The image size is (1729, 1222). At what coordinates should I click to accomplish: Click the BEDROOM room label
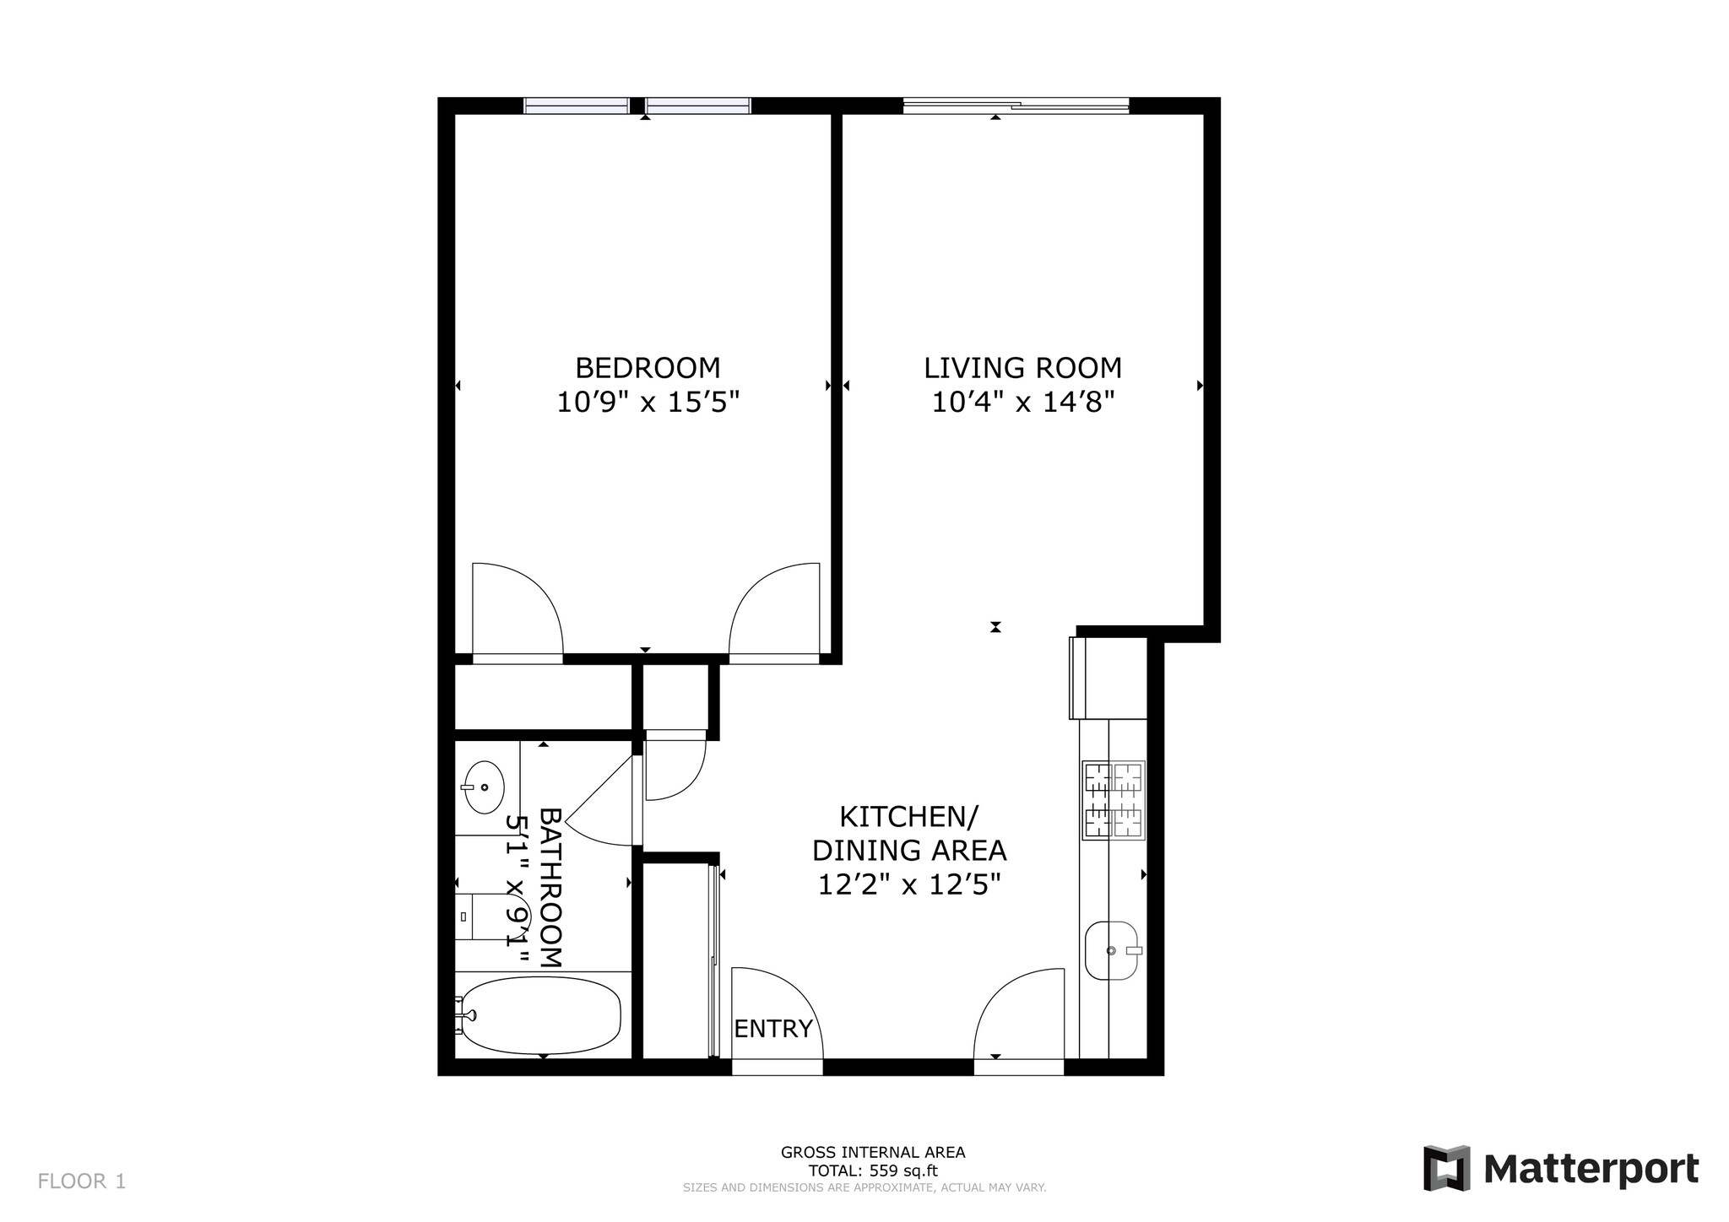648,368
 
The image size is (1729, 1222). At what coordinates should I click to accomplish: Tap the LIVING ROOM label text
1022,368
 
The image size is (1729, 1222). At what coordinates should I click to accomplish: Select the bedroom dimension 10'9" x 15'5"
648,403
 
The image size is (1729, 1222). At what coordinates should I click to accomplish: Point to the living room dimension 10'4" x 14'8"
1022,403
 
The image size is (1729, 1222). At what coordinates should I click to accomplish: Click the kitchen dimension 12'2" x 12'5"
909,884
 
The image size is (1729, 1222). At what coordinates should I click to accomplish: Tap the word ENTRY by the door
772,1029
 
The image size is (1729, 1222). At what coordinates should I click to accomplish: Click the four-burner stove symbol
1113,800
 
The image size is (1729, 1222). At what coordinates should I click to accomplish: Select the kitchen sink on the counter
1112,950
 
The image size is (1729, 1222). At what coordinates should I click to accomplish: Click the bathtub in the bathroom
541,1015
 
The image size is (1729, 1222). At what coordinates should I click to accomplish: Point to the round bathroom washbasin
485,787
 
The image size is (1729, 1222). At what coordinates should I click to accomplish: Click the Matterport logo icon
1446,1168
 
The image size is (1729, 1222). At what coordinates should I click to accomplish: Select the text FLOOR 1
82,1181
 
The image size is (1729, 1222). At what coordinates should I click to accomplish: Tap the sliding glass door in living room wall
1016,106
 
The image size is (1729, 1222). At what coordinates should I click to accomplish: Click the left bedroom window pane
577,105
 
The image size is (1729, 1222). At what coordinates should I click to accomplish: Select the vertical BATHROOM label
550,888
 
